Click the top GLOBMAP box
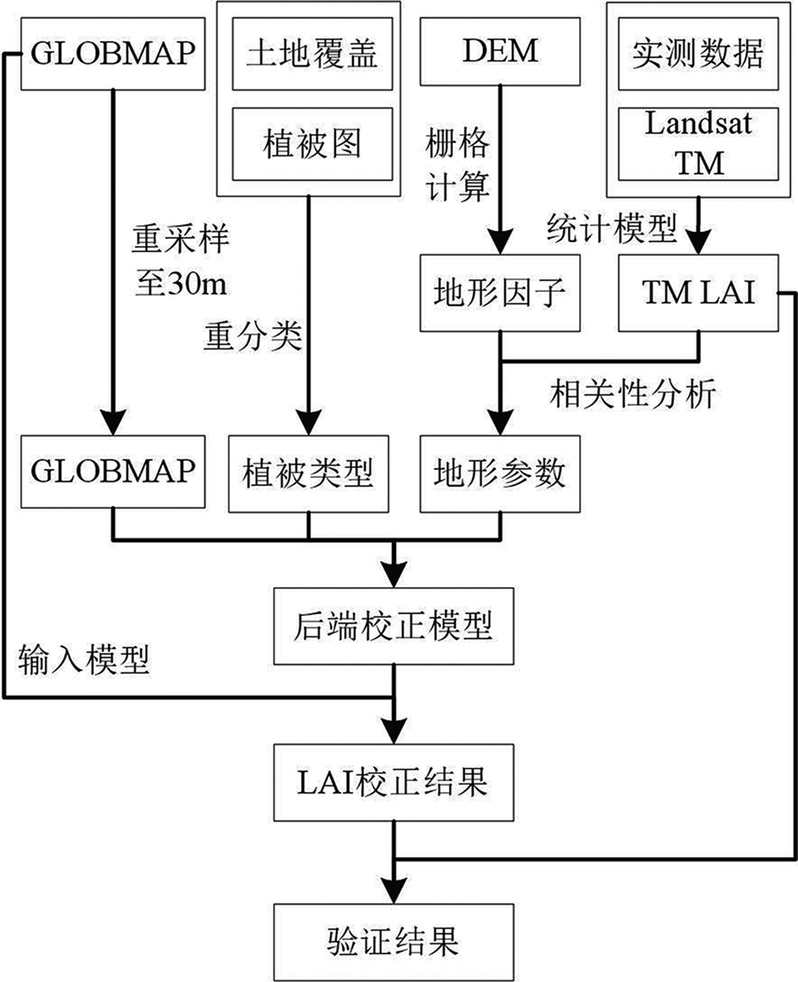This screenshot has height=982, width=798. point(113,53)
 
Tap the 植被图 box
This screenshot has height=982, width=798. point(312,144)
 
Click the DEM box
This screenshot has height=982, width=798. point(500,51)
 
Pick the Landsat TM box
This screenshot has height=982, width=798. point(697,143)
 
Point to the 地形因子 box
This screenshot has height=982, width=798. point(500,293)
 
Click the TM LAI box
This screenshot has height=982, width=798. point(697,293)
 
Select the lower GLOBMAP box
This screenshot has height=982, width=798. point(113,472)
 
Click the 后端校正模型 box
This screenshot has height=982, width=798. point(394,626)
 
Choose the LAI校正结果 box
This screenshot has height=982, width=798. point(394,782)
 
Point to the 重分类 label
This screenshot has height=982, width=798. point(252,336)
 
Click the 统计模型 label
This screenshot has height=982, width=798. point(611,229)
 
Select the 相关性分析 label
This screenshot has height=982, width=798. point(632,394)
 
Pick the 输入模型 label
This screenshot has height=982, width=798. point(83,660)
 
